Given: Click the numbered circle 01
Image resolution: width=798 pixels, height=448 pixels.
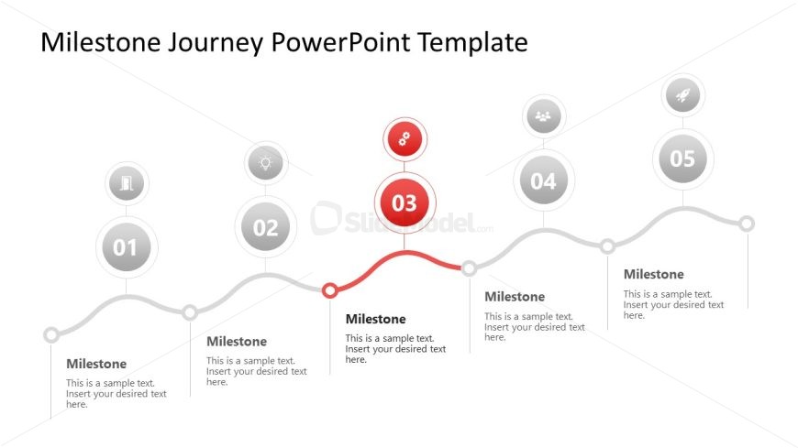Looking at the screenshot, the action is point(127,247).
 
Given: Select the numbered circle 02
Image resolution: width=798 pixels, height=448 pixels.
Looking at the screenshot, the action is point(265,226).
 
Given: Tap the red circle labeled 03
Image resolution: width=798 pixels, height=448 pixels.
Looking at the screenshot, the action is point(405,202).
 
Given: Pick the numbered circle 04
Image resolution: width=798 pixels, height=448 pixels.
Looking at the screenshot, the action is point(544,180).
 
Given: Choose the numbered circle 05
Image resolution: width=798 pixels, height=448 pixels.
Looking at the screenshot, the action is point(682,158).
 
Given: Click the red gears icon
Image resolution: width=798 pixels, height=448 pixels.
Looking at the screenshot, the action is point(405,138).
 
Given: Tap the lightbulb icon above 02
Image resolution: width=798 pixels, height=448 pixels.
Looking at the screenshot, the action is point(265,163).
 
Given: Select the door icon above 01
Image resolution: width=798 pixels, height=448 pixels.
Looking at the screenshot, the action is point(127,183).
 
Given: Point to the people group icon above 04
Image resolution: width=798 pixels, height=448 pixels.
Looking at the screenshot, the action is point(544,116).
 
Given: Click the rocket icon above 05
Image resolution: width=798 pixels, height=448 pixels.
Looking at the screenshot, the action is point(682,94).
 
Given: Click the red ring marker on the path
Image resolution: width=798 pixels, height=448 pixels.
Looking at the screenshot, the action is point(330,290).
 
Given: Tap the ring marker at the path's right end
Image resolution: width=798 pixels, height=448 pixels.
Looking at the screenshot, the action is point(747,224).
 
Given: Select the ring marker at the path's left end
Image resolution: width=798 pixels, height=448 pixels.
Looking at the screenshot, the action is point(50,334).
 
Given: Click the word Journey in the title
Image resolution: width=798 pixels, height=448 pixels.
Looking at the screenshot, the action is point(216,43).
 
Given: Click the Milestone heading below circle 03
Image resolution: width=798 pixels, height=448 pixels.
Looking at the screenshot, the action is point(375,319).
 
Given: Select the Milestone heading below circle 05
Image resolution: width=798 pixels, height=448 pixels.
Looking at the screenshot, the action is point(653,274).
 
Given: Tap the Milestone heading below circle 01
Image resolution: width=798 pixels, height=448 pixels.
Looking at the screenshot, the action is point(96,364).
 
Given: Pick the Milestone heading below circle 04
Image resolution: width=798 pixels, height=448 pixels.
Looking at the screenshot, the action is point(515,297).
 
